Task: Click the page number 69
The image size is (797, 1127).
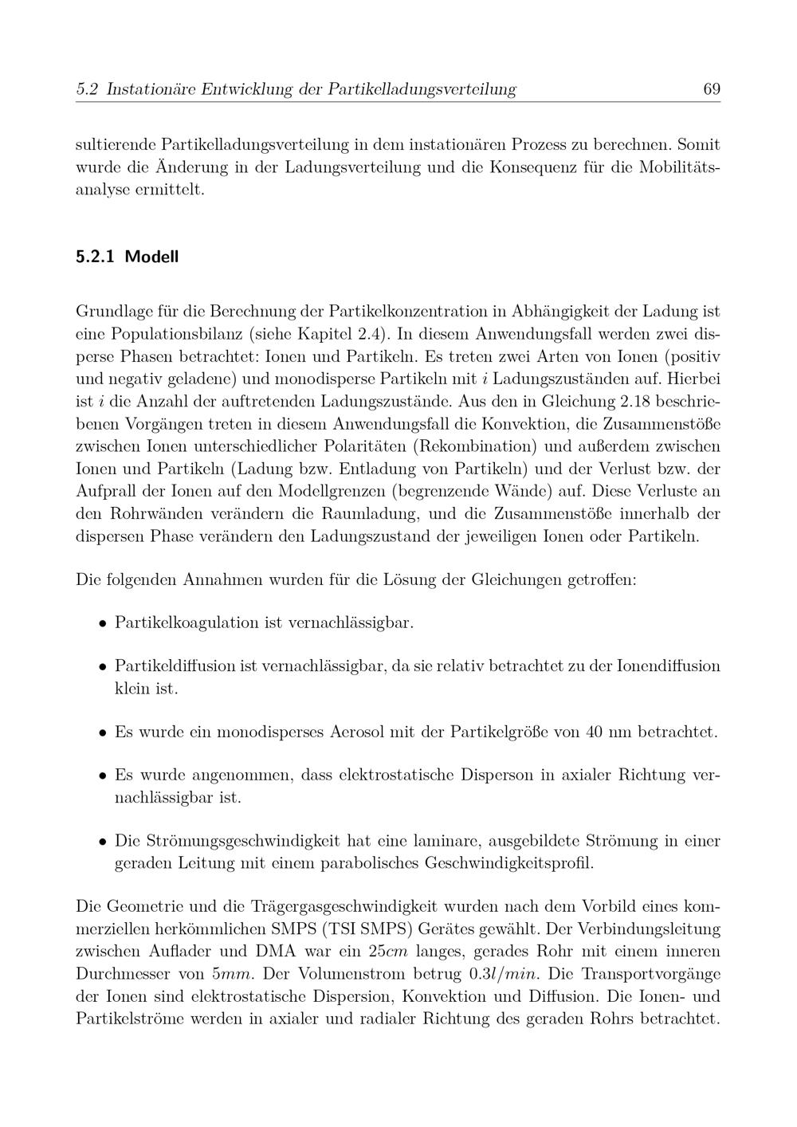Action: coord(712,89)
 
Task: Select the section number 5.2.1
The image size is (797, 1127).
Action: coord(95,257)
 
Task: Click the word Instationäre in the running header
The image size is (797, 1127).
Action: coord(150,89)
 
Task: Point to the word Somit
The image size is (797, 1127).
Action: coord(698,145)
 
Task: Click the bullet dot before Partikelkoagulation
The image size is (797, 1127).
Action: coord(103,622)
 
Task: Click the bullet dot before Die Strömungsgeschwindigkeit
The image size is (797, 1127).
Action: coord(103,842)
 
